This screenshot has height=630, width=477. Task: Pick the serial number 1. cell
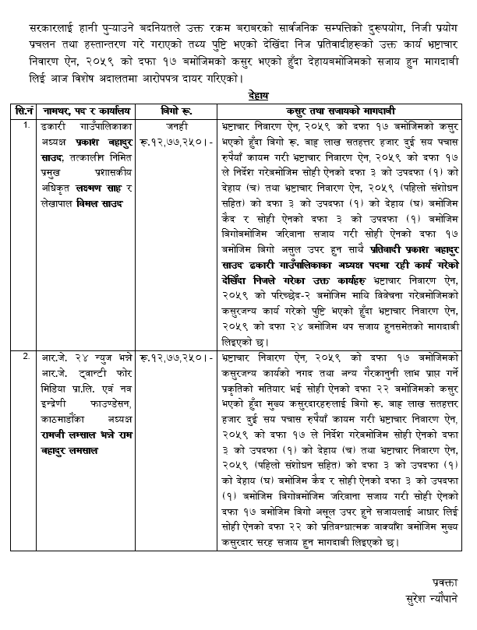[x=26, y=124]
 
